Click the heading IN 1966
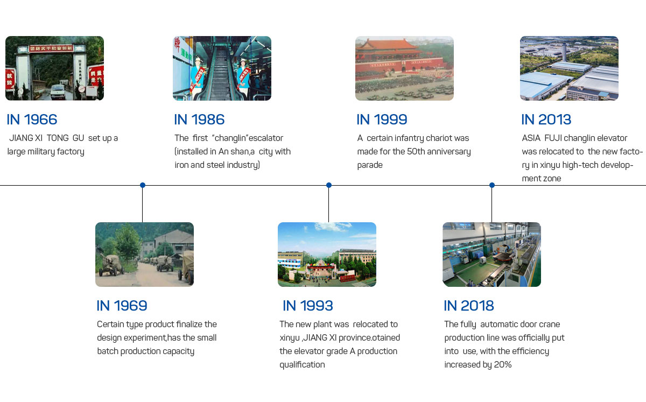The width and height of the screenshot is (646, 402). pos(32,119)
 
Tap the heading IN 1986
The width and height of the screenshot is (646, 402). pos(199,119)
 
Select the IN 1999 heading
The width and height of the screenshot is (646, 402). pos(382,119)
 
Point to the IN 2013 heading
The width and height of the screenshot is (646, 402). pos(546,119)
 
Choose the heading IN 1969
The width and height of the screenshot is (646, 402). pos(122,306)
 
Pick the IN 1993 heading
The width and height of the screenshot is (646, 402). pos(308,306)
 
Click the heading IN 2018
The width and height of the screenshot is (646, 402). pos(469,306)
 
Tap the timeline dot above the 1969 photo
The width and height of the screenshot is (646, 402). pos(143,185)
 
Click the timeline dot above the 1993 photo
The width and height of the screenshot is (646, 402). pos(329,185)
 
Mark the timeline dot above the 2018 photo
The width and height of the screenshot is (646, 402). pos(492,185)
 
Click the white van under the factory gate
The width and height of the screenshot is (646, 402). pos(58,92)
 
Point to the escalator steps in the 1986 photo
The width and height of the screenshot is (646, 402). pos(220,74)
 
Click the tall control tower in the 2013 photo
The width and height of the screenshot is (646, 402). pos(564,52)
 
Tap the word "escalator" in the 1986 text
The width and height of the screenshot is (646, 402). pos(266,138)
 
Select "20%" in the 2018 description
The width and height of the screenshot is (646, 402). pos(503,364)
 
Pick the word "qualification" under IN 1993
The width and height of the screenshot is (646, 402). pos(302,365)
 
